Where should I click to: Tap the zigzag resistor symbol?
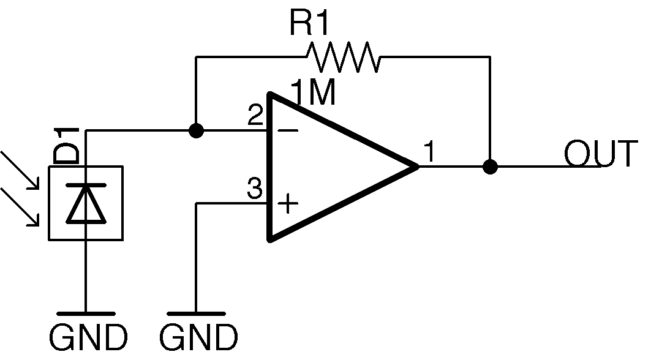[343, 56]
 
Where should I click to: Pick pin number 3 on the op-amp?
[254, 189]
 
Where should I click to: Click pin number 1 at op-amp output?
[430, 152]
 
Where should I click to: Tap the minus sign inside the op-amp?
[288, 130]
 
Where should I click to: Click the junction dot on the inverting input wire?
[196, 130]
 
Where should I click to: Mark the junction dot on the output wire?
[489, 167]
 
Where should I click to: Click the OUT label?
[600, 154]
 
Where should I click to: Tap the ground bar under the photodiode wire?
[86, 313]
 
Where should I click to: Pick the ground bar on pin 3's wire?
[196, 313]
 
